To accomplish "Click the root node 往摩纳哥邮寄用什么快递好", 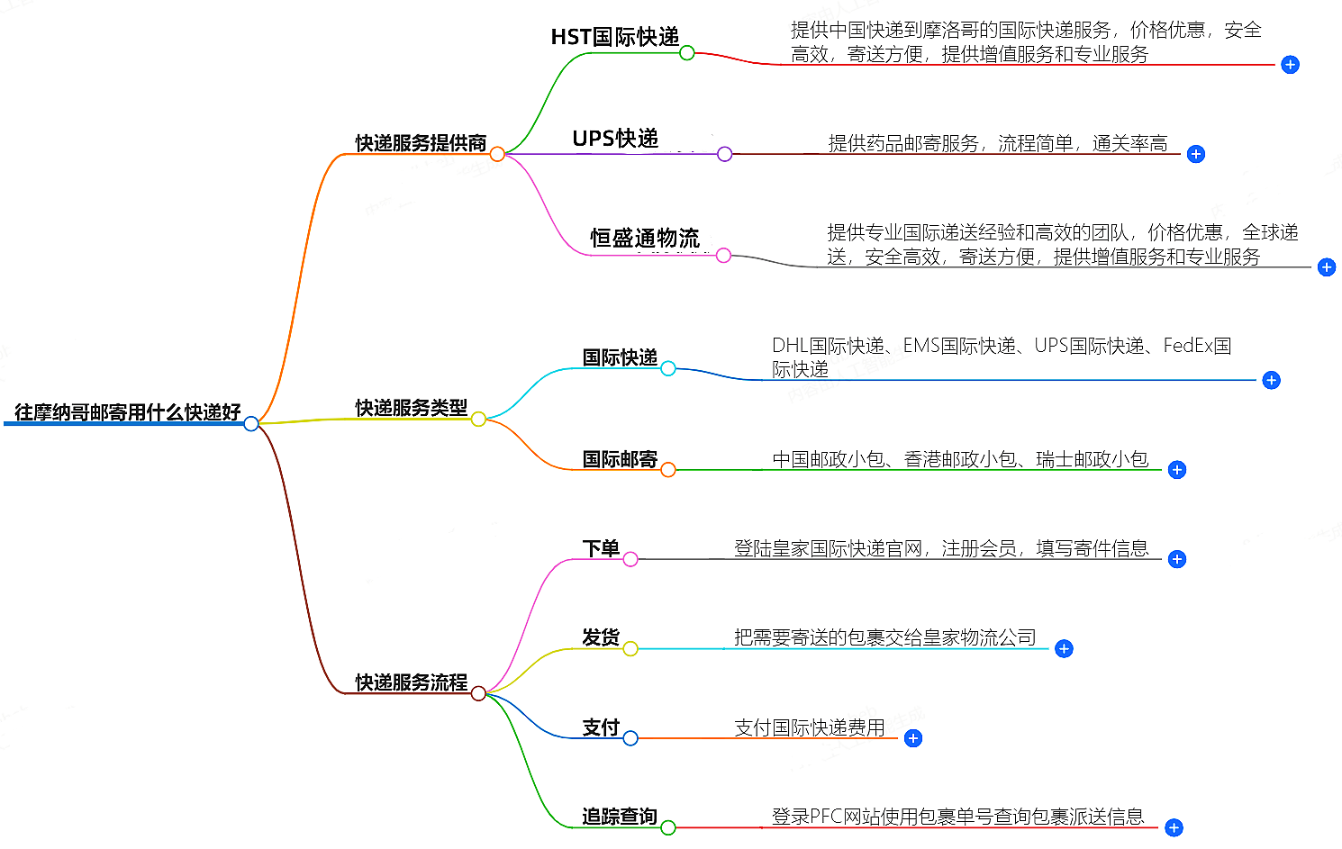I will (x=128, y=412).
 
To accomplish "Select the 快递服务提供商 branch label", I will (x=421, y=143).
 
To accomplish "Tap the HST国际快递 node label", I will (x=615, y=37).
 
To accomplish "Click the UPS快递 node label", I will (x=615, y=139).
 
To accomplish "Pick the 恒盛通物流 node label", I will (x=644, y=239).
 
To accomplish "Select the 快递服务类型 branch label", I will (x=412, y=408).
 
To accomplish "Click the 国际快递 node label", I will (x=620, y=357).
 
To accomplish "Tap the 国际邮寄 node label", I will (x=620, y=459).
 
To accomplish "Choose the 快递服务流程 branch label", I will (x=412, y=682).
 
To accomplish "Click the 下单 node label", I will (x=601, y=548).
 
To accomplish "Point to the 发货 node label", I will (x=601, y=637).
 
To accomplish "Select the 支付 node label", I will (x=601, y=727).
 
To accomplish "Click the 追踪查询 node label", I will (x=620, y=817).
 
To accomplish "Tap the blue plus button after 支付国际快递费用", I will (x=913, y=738).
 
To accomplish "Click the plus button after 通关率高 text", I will (x=1196, y=154).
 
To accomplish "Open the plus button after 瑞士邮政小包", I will (x=1177, y=470).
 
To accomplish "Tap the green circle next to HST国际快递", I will (x=687, y=53).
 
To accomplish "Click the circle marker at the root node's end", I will (x=251, y=423).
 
